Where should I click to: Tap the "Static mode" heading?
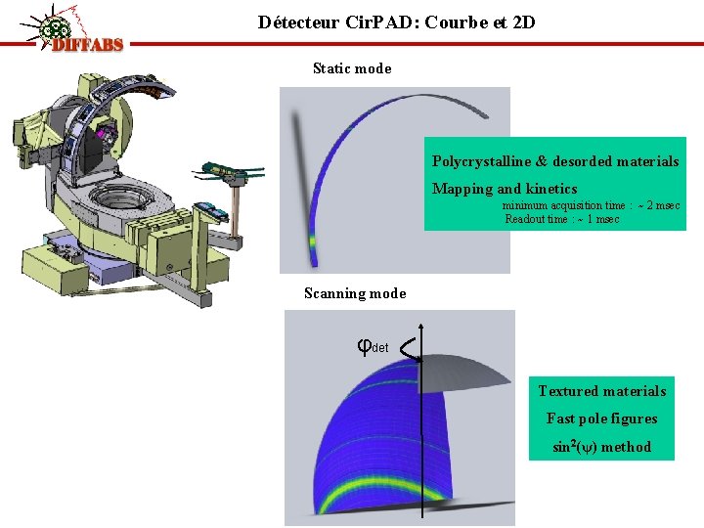tap(352, 68)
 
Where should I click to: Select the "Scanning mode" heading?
tap(355, 293)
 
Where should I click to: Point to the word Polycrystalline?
tap(482, 161)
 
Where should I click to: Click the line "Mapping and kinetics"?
tap(505, 189)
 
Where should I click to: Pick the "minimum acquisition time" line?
tap(591, 205)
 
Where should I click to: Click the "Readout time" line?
tap(561, 219)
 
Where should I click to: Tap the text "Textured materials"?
tap(601, 391)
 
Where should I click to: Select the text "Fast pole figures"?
tap(601, 418)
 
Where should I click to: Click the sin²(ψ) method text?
tap(601, 447)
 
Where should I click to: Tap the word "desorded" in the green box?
tap(585, 161)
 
